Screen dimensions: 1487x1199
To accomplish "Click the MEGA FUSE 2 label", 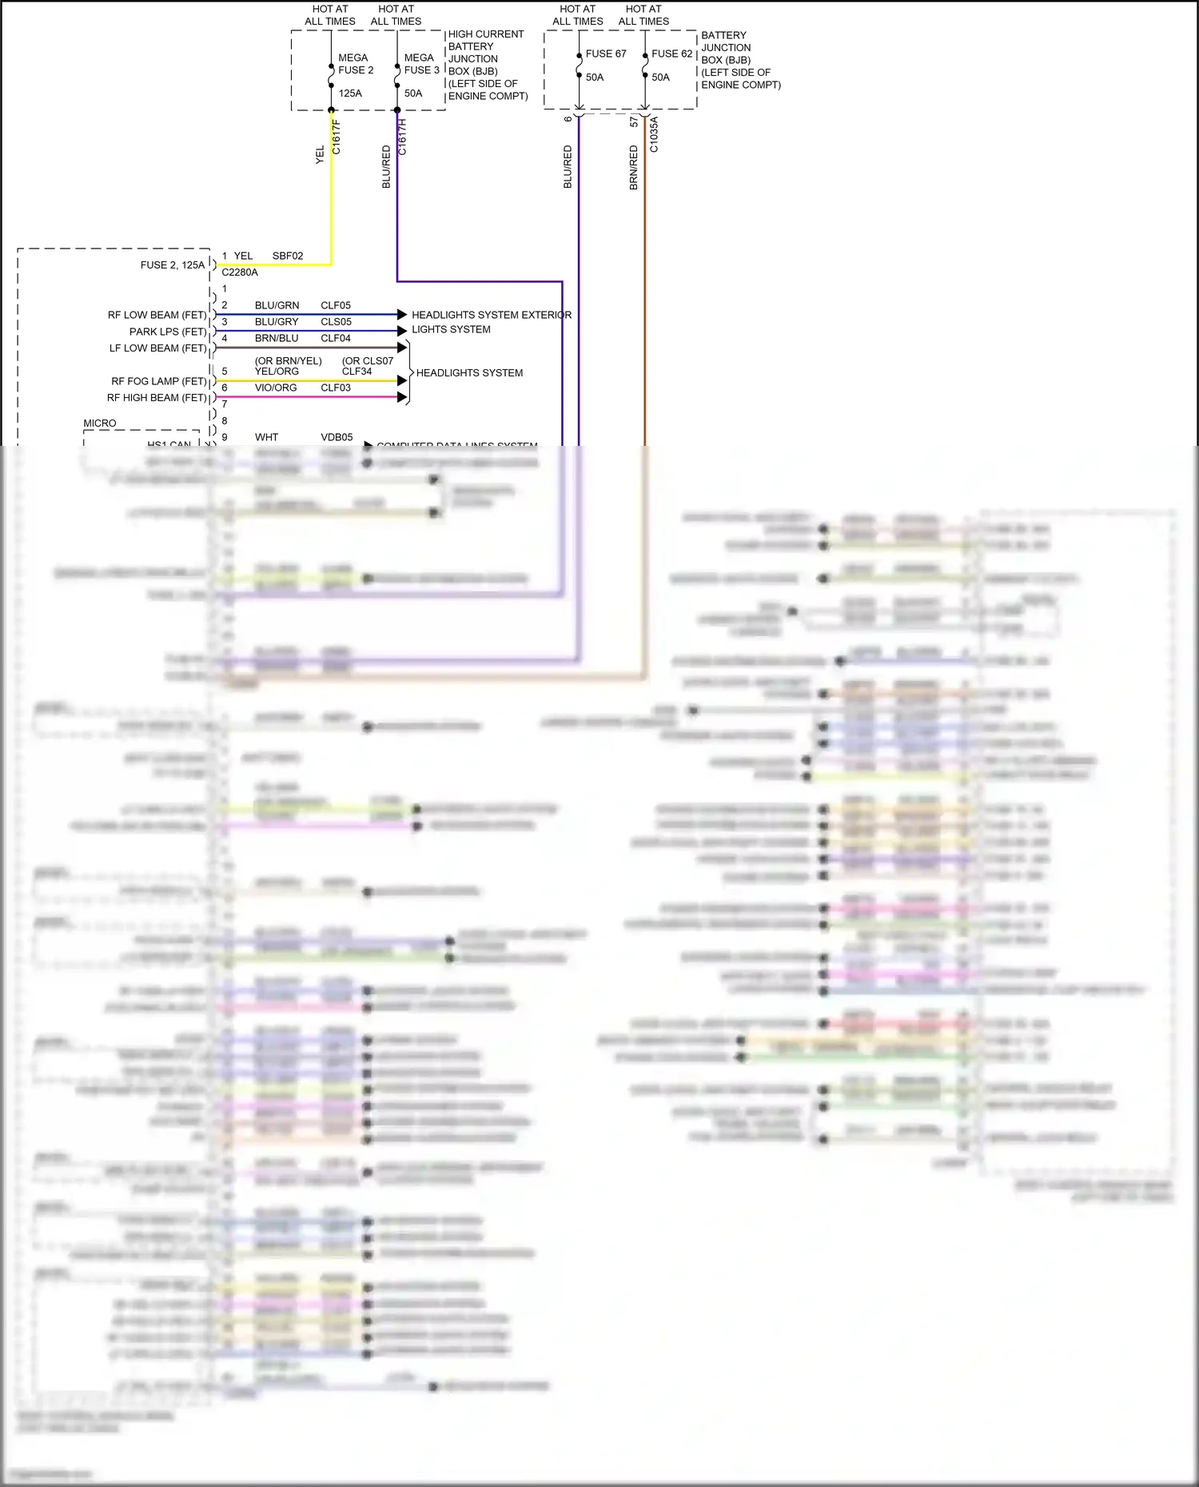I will tap(355, 64).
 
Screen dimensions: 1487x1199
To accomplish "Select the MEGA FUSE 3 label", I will tap(421, 64).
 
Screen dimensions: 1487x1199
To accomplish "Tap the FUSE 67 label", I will tap(605, 54).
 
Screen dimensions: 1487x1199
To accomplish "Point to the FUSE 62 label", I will tap(671, 54).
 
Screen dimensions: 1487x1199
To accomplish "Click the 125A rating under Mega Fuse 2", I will tap(350, 93).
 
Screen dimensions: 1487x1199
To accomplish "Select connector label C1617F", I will tap(337, 137).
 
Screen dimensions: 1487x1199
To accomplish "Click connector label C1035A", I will tap(654, 134).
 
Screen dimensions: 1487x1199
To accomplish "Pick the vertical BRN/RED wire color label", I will tap(634, 167).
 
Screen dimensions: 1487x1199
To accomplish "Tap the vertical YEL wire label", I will tap(321, 155).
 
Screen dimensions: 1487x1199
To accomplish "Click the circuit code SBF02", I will tap(288, 256).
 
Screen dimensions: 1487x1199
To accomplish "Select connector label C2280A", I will tap(240, 272).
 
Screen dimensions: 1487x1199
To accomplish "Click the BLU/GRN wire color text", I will tap(277, 305).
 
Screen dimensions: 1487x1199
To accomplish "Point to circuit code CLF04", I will tap(336, 338).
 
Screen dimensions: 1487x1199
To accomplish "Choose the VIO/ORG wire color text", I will tap(276, 388).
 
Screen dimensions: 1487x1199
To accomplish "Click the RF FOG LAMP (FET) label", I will tap(158, 381).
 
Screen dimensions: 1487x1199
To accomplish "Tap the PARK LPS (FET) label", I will tap(167, 332).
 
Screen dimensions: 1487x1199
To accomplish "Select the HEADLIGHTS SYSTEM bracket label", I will tap(469, 373).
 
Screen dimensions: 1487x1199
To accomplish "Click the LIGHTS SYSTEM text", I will tap(451, 329).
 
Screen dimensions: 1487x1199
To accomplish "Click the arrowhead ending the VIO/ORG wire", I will tap(402, 397).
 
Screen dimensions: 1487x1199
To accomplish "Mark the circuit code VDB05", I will tap(337, 437).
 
